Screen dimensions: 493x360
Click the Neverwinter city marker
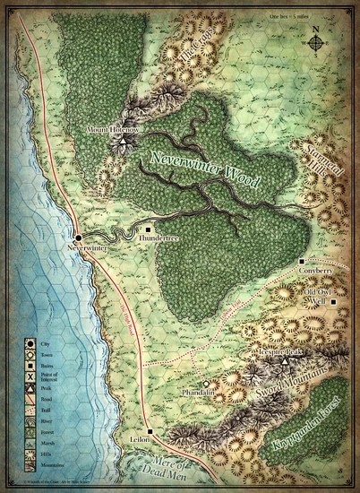click(79, 238)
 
